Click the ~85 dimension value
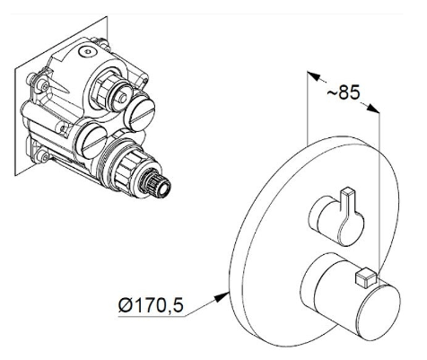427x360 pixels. click(344, 92)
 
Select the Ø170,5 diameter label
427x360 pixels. click(151, 304)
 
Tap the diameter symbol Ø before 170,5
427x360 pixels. click(126, 305)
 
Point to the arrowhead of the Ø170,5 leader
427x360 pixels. click(222, 297)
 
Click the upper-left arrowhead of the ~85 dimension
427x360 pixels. click(314, 76)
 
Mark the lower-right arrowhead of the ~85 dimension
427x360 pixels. click(372, 108)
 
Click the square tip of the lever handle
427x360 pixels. click(349, 191)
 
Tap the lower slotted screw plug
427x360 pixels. click(91, 142)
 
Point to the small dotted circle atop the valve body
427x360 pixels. click(88, 52)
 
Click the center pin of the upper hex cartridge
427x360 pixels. click(122, 97)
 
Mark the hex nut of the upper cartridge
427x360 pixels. click(101, 89)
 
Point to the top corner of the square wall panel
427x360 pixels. click(107, 16)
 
